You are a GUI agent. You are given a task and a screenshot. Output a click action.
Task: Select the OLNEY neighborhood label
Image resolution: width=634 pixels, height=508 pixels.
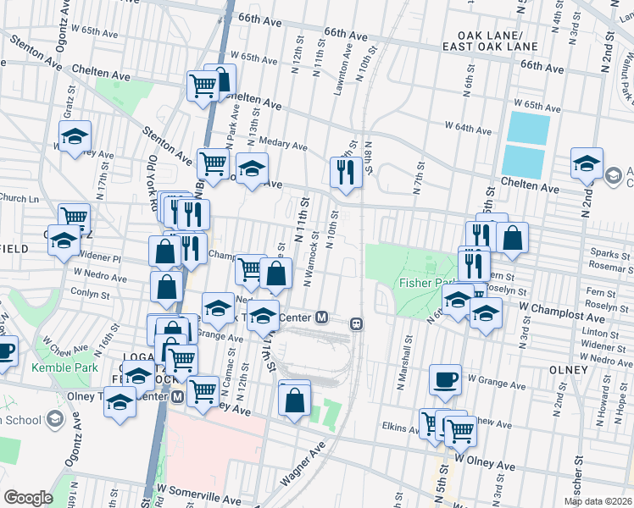pos(568,370)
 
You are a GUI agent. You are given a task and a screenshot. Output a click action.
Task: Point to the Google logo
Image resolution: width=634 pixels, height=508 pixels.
pos(28,498)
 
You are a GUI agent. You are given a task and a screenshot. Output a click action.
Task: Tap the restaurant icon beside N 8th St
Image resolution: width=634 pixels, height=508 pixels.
pos(345,173)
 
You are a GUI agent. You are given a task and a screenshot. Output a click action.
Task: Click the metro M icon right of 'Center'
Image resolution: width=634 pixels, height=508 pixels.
pos(321,317)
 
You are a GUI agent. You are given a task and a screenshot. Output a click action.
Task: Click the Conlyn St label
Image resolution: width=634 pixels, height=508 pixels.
pos(91,295)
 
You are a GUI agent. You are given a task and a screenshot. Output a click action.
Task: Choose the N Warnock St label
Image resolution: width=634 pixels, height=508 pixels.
pos(309,258)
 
